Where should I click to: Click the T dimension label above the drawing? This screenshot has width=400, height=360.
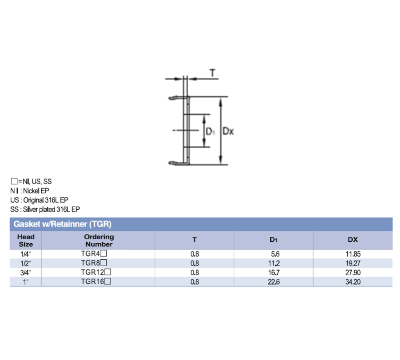(x=212, y=73)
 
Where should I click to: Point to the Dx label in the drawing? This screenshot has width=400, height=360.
(x=228, y=131)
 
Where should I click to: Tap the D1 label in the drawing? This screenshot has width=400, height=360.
(x=211, y=132)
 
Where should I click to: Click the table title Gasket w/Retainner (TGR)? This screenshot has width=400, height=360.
(x=63, y=224)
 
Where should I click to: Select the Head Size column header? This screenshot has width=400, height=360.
(x=26, y=240)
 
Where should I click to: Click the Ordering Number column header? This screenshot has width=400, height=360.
(x=99, y=240)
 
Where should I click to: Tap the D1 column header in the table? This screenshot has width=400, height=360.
(x=273, y=240)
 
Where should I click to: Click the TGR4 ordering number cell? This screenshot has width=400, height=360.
(x=94, y=253)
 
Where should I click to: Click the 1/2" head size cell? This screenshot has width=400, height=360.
(x=26, y=263)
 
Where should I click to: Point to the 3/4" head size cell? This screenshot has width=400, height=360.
(x=26, y=272)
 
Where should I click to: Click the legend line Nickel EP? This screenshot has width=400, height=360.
(x=30, y=191)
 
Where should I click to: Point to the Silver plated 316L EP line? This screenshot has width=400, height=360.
(x=45, y=209)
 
